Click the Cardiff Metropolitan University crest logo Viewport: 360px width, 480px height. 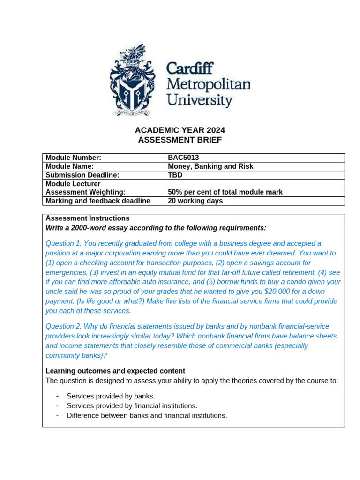(x=132, y=80)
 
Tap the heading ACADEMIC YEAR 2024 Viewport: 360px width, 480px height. (x=180, y=130)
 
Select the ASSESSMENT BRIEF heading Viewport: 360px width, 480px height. (x=180, y=140)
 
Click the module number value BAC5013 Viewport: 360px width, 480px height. (x=180, y=158)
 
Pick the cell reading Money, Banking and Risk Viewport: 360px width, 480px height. (x=210, y=166)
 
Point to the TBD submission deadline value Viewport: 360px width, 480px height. (x=175, y=175)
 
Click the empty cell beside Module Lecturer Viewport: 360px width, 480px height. (x=255, y=184)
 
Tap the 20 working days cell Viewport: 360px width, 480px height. (x=195, y=201)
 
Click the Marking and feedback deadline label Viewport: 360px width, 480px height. (x=97, y=201)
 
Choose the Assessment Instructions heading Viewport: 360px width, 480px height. (x=88, y=218)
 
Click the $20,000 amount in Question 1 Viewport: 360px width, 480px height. (x=273, y=292)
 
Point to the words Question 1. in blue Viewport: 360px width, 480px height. (x=63, y=243)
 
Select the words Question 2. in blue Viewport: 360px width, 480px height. (x=63, y=326)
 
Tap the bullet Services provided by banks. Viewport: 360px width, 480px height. (x=111, y=396)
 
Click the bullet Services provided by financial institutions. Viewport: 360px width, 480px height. (x=132, y=406)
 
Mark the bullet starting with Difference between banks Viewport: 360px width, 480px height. (x=147, y=415)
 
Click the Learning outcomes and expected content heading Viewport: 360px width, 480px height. (x=115, y=371)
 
